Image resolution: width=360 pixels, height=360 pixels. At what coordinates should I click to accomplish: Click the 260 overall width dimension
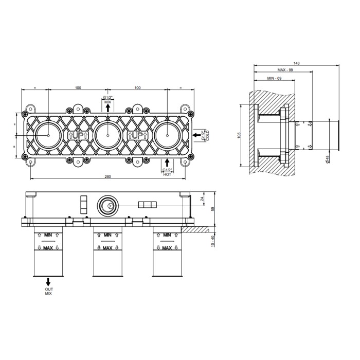point(107,176)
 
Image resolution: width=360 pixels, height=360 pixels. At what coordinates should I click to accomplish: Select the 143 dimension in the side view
point(296,63)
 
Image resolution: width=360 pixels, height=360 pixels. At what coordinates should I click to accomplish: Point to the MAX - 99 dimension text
point(285,70)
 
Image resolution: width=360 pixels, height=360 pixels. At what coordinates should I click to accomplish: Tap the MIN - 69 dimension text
point(274,78)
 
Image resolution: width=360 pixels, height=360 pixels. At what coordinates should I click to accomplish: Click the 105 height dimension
point(239,135)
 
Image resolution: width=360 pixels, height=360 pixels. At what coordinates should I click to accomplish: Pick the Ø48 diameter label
point(328,159)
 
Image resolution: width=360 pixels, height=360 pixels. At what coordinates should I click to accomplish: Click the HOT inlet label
point(167,174)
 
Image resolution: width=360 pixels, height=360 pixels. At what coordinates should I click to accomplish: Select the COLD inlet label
point(208,135)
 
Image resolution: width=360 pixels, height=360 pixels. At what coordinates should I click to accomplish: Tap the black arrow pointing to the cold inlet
point(196,135)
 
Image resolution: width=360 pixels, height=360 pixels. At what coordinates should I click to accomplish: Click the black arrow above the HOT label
point(167,163)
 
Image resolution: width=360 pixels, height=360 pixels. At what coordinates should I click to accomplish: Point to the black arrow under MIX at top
point(108,107)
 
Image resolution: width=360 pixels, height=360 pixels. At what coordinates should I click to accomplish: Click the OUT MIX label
point(49,292)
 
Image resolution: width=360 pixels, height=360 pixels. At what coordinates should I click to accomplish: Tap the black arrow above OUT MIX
point(48,282)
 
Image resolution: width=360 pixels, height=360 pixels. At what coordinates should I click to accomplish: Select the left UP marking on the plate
point(78,135)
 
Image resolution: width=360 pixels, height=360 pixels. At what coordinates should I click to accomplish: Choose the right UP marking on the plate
point(138,135)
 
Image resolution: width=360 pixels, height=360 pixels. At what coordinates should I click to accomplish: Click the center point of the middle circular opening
point(108,135)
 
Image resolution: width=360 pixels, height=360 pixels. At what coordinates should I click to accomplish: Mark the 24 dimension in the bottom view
point(202,199)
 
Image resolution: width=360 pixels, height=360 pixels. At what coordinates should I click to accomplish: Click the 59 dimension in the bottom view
point(212,209)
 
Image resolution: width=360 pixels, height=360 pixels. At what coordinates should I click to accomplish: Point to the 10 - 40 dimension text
point(212,241)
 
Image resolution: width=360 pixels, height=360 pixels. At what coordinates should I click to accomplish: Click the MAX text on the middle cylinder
point(107,248)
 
